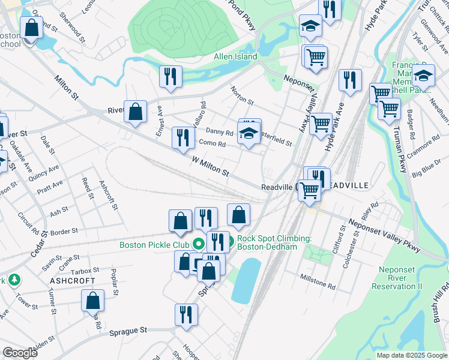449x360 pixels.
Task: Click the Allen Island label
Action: pos(235,57)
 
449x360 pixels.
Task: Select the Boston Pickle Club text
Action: pos(154,245)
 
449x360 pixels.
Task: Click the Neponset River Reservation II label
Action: pos(400,278)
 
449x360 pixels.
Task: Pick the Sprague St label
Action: pos(128,331)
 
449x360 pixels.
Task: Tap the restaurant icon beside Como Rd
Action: pos(181,137)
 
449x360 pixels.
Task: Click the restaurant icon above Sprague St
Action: pos(186,314)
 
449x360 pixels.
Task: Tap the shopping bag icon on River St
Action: pos(136,111)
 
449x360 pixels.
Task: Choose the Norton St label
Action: pos(243,94)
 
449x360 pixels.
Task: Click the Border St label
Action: pos(64,232)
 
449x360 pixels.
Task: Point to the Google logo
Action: pos(20,353)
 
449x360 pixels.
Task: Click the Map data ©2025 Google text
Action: pos(411,355)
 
